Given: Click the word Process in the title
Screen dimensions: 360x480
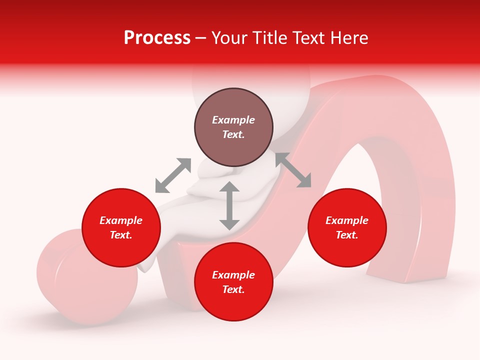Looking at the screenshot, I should [x=157, y=38].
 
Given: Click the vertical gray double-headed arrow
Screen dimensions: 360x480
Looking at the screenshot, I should [x=229, y=205].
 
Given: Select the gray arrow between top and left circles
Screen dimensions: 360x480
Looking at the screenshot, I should [x=173, y=175].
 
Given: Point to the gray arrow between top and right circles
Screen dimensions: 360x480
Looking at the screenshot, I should [x=293, y=170].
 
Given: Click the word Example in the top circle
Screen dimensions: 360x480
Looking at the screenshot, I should [x=233, y=120].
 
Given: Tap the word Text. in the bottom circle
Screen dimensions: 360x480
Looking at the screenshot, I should [x=233, y=289].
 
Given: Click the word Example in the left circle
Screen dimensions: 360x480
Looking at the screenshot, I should [x=121, y=220].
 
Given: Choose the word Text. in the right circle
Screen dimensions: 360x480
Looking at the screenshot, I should [x=347, y=235].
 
